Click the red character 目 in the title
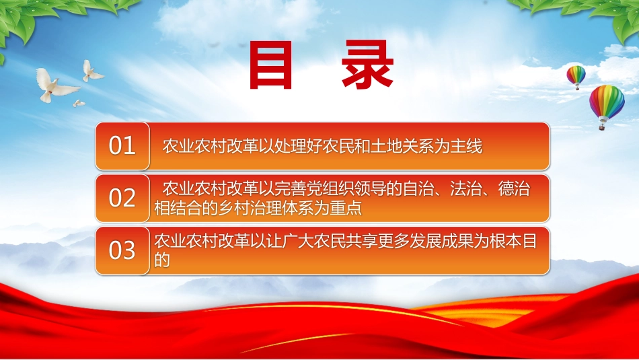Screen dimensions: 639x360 (x=270, y=65)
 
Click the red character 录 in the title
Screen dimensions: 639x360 (x=367, y=65)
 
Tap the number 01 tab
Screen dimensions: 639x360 (x=122, y=145)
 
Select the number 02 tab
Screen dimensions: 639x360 (x=122, y=198)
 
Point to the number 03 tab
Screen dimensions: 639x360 (x=122, y=250)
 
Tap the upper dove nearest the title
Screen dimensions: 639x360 (x=91, y=71)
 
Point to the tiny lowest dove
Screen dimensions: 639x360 (x=79, y=103)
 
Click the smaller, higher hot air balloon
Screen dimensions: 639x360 (x=576, y=77)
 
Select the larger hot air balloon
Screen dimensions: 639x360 (x=607, y=104)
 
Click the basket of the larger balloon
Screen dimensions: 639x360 (x=601, y=127)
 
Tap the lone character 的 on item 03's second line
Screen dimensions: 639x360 (x=162, y=260)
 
